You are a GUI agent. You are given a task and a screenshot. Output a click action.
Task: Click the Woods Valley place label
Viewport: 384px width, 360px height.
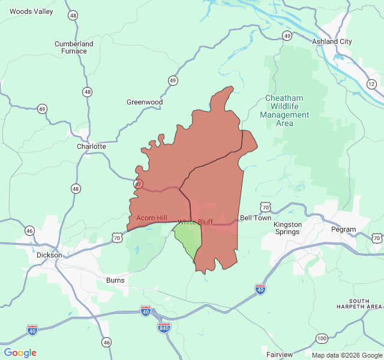[x=31, y=11]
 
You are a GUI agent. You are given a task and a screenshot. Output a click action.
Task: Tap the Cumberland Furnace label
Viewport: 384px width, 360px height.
[x=74, y=47]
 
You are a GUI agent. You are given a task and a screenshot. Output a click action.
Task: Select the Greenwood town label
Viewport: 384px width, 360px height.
[x=145, y=102]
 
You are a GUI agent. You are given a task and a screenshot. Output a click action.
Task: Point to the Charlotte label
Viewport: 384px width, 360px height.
[x=91, y=146]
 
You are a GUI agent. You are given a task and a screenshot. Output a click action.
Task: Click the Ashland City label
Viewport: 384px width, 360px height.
[x=332, y=41]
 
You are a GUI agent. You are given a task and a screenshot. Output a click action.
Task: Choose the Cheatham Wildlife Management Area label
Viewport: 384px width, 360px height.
[x=284, y=110]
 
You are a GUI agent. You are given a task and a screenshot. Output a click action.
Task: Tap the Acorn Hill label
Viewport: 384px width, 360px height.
[x=152, y=218]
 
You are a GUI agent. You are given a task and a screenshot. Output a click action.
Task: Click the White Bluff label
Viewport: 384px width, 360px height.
[x=195, y=222]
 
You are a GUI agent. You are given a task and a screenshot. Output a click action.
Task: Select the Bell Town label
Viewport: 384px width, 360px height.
[x=255, y=218]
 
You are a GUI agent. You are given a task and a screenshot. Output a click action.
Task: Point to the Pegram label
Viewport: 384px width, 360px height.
[x=343, y=229]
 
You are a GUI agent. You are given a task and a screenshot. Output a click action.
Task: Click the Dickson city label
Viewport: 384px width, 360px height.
[x=49, y=255]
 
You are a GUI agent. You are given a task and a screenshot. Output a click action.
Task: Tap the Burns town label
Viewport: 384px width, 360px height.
[x=115, y=280]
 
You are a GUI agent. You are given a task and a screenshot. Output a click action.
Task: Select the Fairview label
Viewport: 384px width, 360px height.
[x=280, y=355]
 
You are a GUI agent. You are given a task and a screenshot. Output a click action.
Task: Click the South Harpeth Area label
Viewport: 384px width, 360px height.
[x=366, y=304]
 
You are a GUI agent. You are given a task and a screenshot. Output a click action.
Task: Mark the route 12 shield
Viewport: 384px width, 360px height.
[x=371, y=84]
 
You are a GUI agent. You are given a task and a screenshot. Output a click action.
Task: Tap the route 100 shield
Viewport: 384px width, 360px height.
[x=322, y=339]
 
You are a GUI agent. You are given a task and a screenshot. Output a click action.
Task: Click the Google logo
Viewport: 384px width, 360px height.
[x=20, y=353]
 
